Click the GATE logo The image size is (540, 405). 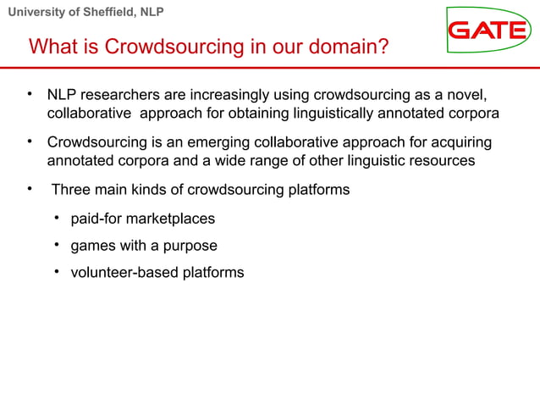[488, 31]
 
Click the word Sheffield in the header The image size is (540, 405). [107, 12]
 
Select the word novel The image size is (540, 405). [469, 93]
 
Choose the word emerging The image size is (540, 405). [200, 141]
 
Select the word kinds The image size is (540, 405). [164, 190]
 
